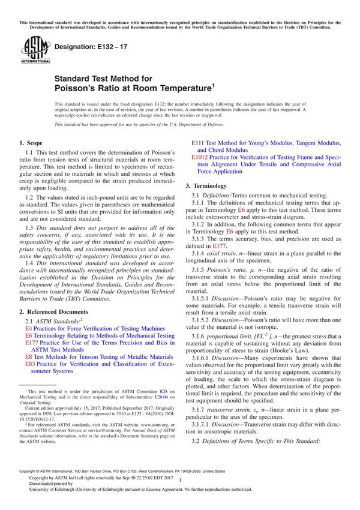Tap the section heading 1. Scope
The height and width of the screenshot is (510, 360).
tap(31, 143)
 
